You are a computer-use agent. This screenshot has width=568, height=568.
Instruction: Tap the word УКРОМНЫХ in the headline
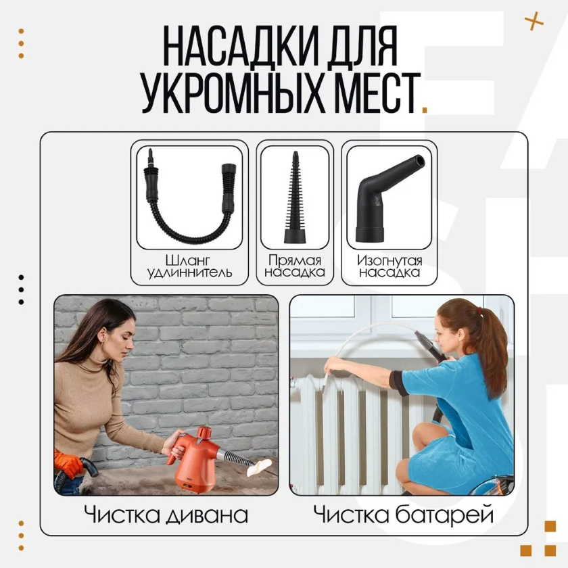pos(233,93)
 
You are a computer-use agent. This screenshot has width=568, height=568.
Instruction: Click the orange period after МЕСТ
pos(425,110)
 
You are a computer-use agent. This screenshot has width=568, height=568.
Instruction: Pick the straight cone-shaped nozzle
pos(295,197)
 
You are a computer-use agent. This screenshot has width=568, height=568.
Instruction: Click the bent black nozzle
pos(386,203)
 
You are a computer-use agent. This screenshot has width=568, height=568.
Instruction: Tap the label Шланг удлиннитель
pos(189,266)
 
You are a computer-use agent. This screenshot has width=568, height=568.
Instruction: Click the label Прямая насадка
pos(295,266)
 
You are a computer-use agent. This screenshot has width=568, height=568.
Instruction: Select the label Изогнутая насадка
pos(389,266)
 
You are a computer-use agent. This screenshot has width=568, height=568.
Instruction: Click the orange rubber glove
pos(67,465)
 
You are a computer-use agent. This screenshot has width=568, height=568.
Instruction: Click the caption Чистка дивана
pos(166,515)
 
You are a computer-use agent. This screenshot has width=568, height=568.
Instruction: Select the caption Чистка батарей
pos(403,515)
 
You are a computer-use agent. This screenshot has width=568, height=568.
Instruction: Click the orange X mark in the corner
pos(534,21)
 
